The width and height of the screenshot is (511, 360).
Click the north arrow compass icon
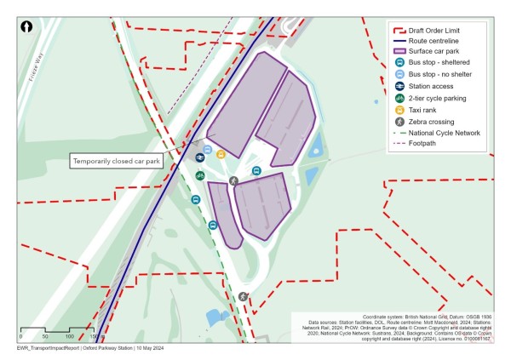point(27,27)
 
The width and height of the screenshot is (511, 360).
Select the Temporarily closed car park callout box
point(116,160)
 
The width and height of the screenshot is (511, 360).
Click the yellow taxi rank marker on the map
point(221,154)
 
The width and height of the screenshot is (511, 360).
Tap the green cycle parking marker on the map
point(199,175)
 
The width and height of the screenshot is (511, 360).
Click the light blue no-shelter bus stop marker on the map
point(207,149)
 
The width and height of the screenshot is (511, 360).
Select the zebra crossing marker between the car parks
point(233,180)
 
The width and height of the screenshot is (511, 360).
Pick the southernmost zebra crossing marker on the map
point(244,296)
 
